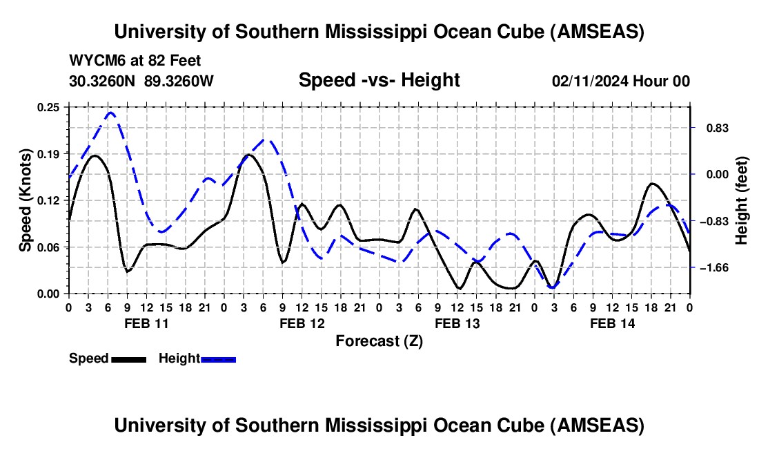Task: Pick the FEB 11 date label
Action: point(146,323)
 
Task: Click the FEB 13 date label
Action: point(457,323)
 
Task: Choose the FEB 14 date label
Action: point(612,323)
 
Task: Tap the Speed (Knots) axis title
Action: point(26,200)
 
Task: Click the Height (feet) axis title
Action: point(742,200)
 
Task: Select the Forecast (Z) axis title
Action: point(379,341)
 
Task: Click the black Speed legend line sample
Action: point(128,359)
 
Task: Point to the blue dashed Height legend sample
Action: point(219,359)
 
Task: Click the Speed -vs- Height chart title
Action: point(379,81)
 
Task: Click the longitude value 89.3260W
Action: point(179,82)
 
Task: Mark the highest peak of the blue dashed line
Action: point(110,113)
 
